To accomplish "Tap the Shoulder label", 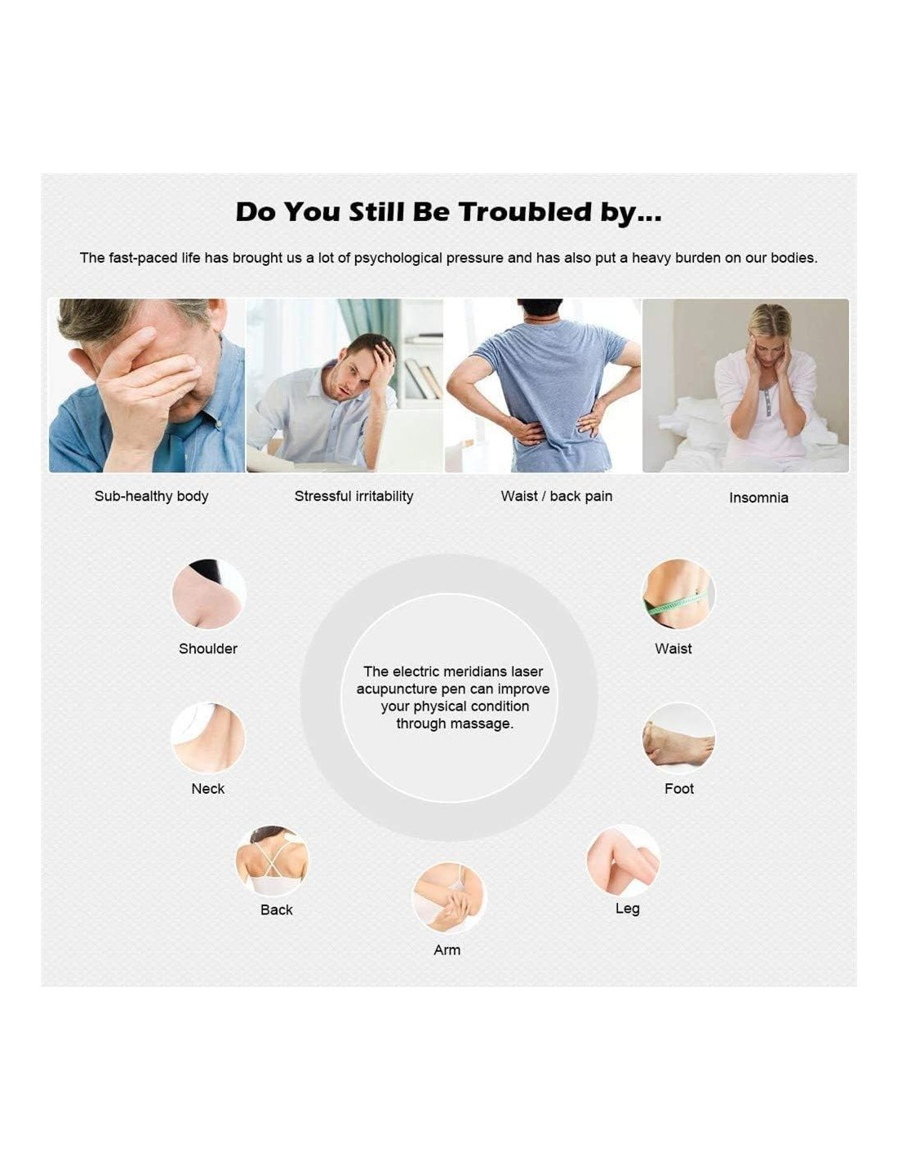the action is coord(208,649).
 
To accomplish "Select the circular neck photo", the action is coord(208,737).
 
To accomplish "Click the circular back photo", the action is coord(273,861).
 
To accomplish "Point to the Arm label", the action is coord(447,950).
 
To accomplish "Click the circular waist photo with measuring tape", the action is coord(678,595).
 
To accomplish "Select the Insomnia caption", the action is coord(758,498).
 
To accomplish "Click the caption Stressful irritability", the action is coord(353,497).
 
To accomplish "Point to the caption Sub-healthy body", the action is coord(151,497).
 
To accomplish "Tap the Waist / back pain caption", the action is coord(557,497).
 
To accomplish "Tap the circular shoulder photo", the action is coord(208,594).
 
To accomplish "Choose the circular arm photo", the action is coord(449,898).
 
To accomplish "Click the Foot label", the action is coord(679,789).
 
